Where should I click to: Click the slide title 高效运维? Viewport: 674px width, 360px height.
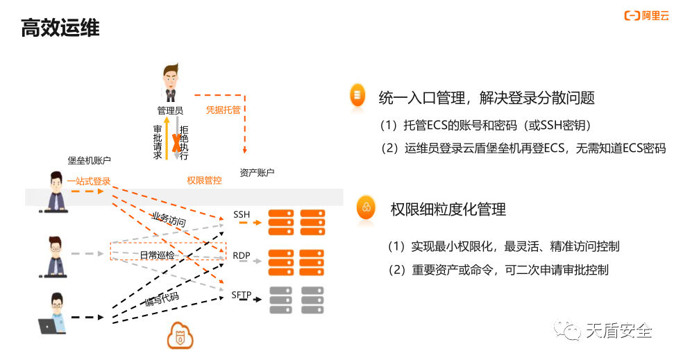click(x=60, y=28)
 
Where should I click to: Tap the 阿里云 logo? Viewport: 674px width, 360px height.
click(x=646, y=16)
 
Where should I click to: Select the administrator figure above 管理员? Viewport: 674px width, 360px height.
click(x=171, y=83)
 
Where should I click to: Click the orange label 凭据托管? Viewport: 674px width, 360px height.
click(x=223, y=110)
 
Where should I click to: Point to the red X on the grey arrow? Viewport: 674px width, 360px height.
click(x=176, y=143)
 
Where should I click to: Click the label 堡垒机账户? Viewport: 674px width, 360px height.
click(x=89, y=160)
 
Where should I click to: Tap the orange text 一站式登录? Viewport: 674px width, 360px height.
click(x=89, y=181)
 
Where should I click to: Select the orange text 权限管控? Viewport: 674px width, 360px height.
click(x=204, y=180)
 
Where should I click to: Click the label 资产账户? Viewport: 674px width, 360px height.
click(x=257, y=172)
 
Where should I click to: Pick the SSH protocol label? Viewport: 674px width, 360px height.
click(x=242, y=214)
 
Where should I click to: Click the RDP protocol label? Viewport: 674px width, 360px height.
click(x=241, y=256)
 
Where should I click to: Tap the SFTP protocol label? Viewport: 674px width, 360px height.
click(x=241, y=295)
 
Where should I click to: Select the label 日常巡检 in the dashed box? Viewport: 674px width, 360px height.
click(x=157, y=255)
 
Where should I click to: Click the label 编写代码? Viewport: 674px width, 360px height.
click(x=162, y=299)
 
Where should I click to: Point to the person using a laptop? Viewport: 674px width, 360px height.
click(x=53, y=314)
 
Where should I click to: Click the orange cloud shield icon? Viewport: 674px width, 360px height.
click(x=180, y=336)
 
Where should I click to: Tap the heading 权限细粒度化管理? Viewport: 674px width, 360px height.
click(x=448, y=209)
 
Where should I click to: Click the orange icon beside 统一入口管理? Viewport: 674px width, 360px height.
click(x=357, y=95)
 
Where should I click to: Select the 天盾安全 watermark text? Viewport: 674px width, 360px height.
click(x=619, y=331)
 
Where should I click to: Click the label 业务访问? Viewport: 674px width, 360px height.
click(x=169, y=219)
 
